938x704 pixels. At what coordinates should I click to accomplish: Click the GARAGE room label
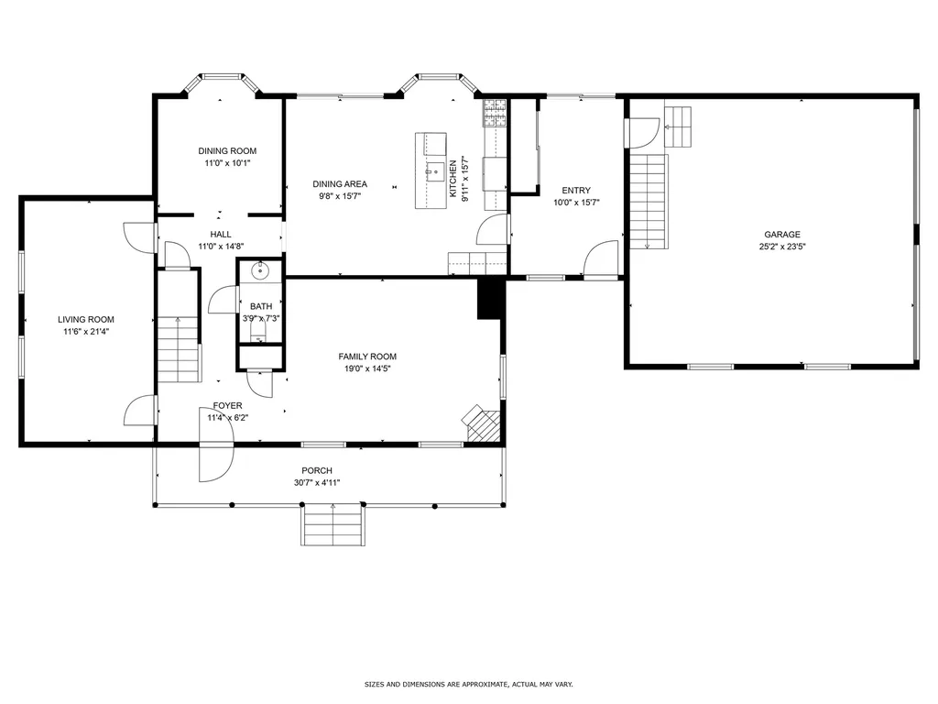tap(782, 235)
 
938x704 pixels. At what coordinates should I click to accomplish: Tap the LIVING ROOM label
tap(86, 320)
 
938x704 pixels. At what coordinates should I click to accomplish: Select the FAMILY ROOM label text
tap(367, 357)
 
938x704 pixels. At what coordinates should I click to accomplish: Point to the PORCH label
tap(317, 471)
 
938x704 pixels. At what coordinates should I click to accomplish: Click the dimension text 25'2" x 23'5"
tap(782, 246)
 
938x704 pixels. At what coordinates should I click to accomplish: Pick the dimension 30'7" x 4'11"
tap(317, 482)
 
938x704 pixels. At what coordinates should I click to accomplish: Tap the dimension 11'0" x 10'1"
tap(227, 163)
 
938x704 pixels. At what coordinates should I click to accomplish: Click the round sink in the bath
tap(261, 270)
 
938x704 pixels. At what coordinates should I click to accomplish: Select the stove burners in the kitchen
tap(496, 113)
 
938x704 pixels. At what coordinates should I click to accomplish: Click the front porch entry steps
tap(333, 524)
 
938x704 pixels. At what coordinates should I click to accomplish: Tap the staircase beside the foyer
tap(179, 349)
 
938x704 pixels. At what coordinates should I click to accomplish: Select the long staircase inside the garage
tap(649, 201)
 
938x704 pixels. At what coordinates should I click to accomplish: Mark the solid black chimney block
tap(490, 298)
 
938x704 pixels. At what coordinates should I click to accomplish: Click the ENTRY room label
tap(576, 191)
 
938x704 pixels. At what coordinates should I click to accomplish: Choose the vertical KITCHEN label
tap(453, 178)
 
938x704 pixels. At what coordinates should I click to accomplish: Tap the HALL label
tap(221, 235)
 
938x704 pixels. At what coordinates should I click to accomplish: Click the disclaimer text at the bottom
tap(469, 684)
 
